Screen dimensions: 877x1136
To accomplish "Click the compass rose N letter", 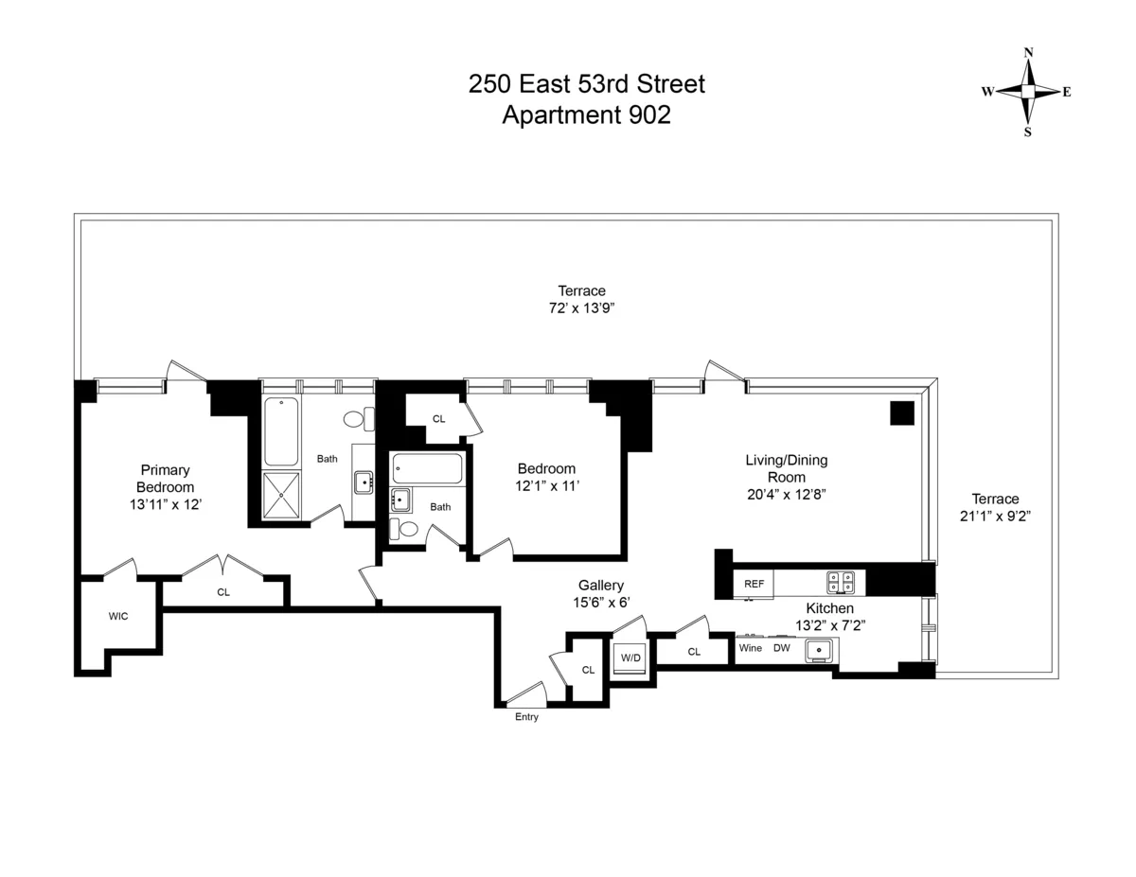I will [1029, 52].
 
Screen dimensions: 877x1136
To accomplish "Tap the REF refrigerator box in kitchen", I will [754, 584].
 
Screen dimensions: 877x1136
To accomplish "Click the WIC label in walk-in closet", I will [118, 616].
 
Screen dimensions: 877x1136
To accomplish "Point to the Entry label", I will [526, 717].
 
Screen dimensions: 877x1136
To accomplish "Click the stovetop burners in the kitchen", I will [840, 582].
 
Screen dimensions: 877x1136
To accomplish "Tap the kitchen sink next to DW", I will [819, 650].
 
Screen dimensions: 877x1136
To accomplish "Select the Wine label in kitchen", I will [751, 648].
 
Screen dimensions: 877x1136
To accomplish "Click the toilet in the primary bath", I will [356, 418].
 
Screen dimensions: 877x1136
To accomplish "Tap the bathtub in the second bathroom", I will [428, 467].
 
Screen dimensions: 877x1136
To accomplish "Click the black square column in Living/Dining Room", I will [901, 412].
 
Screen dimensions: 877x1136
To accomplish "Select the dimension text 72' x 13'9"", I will [581, 307].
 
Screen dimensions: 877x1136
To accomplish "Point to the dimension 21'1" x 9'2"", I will [995, 516].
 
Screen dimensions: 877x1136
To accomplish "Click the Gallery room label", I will [601, 586].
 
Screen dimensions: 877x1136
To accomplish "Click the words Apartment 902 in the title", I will [586, 114].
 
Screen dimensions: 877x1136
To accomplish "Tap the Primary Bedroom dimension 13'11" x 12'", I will [166, 505].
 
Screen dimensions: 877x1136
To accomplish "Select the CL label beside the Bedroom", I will [438, 418].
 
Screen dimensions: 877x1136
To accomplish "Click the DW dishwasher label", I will [782, 648].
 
